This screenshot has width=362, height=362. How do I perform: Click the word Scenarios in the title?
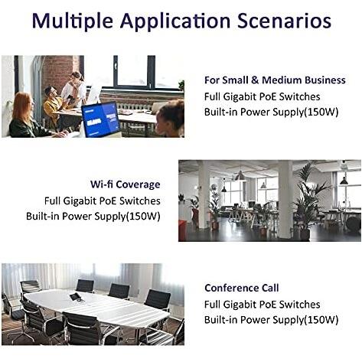[284, 20]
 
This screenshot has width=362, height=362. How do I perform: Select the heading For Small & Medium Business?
[275, 80]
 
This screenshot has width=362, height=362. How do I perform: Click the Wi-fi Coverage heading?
[126, 184]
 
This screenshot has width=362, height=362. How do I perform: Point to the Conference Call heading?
[241, 288]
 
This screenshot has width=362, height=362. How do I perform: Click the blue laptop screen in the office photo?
[100, 119]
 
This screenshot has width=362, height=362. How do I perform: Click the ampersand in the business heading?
[255, 80]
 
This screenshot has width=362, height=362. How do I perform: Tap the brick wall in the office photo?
[59, 70]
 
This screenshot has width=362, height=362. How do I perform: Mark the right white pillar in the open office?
[285, 199]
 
